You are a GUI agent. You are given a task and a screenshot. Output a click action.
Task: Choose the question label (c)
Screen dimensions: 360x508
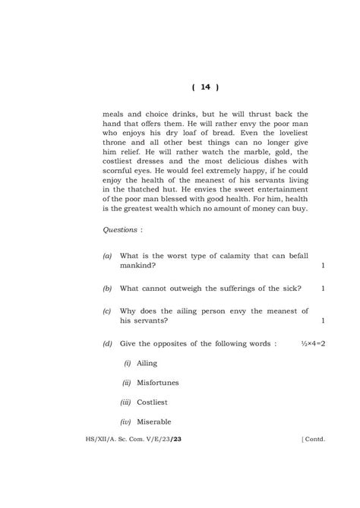click(x=107, y=311)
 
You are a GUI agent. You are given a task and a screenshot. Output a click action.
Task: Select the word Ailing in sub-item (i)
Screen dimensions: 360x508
click(x=147, y=364)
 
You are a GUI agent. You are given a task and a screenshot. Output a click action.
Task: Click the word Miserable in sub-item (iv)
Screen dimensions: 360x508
click(x=154, y=421)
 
